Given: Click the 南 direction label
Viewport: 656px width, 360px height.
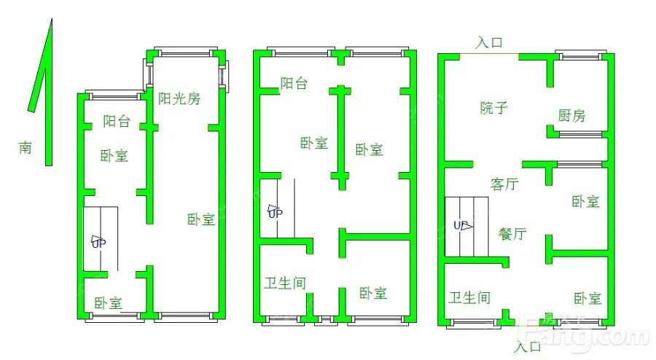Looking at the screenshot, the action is tap(25, 148).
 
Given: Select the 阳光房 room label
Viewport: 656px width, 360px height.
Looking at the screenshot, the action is tap(179, 98).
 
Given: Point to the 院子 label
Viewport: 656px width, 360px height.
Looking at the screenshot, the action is tap(493, 108).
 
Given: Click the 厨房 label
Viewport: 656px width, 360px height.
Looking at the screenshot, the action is tap(571, 115).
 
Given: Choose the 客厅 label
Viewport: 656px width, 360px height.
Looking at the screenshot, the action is tap(504, 184).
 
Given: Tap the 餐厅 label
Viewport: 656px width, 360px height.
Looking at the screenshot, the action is tap(512, 233).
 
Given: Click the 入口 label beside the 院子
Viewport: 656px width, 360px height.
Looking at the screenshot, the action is tap(489, 43).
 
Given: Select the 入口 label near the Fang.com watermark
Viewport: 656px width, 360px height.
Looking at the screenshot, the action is tap(527, 347).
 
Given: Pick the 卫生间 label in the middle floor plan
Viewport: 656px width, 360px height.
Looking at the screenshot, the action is tap(285, 283).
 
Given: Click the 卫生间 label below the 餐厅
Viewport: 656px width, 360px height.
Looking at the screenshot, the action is tap(469, 298).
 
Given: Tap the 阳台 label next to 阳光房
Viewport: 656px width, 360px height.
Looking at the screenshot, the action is tap(117, 121).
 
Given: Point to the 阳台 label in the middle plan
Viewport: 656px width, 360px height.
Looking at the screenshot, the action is tap(294, 83).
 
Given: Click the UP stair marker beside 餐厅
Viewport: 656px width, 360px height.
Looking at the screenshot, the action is tap(463, 226).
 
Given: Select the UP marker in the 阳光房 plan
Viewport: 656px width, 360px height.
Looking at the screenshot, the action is tap(98, 242).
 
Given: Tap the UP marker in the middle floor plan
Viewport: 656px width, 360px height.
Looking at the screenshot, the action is tap(276, 211).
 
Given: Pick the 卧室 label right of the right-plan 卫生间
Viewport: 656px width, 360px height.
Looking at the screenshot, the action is tap(587, 299).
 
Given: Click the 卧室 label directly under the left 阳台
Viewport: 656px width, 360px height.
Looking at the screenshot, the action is tap(114, 156).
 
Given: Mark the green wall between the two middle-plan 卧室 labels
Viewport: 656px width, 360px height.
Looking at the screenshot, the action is tap(342, 138).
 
